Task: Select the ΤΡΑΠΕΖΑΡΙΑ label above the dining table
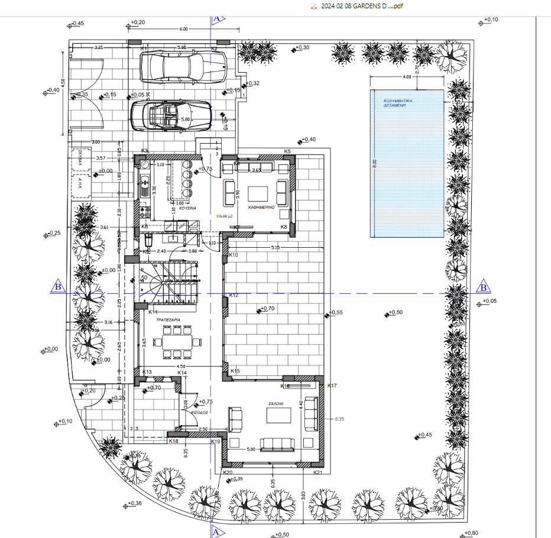168,319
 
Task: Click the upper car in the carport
183,66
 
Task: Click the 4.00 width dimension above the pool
407,77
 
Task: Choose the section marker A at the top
216,18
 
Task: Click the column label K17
332,386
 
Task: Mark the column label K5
287,152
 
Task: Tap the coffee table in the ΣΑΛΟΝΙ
278,416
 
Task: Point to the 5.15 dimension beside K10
275,247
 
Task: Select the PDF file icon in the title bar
315,6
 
